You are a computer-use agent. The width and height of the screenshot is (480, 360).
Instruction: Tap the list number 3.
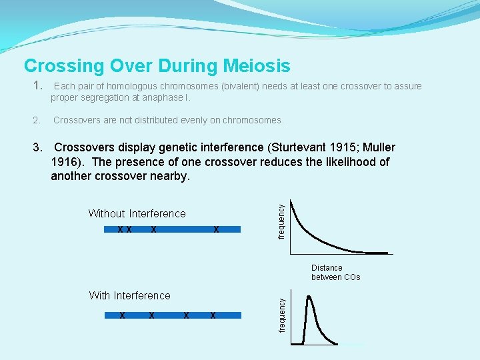(x=38, y=147)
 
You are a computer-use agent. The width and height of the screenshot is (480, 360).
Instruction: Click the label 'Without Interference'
(x=137, y=213)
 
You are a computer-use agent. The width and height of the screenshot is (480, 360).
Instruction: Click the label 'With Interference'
(x=129, y=295)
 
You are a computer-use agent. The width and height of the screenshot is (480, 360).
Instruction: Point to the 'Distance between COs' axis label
(x=335, y=272)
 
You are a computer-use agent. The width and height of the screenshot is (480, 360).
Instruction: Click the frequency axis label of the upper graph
(x=281, y=222)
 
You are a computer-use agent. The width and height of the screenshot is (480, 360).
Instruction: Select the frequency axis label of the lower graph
(x=281, y=315)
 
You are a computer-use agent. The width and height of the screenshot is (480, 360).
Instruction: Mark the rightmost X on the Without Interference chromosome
(x=216, y=229)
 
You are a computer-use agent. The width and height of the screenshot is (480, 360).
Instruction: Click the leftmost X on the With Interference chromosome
(x=123, y=315)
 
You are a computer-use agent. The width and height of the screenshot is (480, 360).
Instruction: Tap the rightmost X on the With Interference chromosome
(x=213, y=315)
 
